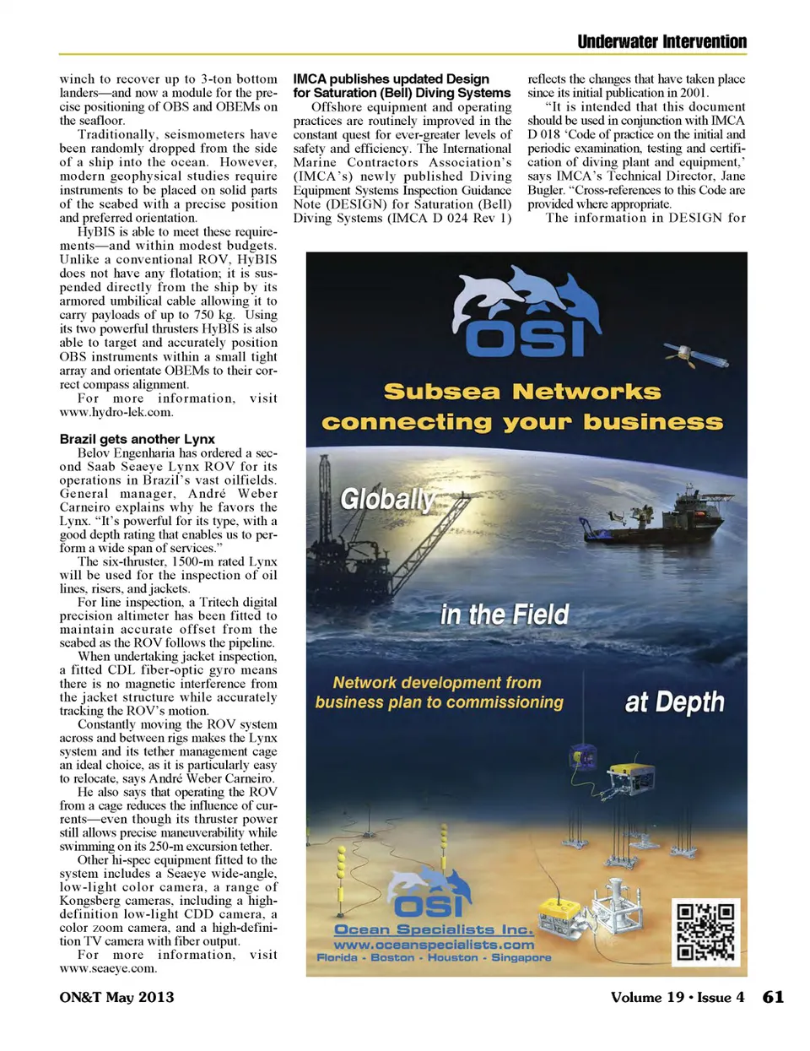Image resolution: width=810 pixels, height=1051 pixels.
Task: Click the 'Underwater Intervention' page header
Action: tap(661, 41)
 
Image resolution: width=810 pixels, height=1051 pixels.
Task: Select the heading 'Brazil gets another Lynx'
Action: tap(137, 439)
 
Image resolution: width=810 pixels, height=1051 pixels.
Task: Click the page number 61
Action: tap(773, 997)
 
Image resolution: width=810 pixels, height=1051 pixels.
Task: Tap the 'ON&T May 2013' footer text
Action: tap(116, 997)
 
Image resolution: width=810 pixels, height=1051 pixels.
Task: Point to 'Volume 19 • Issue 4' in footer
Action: tap(677, 997)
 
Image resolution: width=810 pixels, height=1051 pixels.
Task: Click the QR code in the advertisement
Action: tap(705, 932)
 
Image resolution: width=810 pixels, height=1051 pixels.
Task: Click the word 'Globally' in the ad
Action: tap(386, 499)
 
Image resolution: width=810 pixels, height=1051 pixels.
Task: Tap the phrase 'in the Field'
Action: tap(505, 615)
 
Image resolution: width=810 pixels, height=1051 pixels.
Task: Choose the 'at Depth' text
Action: tap(674, 702)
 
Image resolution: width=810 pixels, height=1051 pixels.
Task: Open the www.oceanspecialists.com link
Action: tap(434, 945)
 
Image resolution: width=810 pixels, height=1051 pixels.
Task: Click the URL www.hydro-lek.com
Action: tap(116, 412)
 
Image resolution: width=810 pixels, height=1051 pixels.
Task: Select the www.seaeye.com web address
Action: tap(107, 968)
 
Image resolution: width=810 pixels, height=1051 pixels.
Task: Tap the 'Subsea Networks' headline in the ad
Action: tap(522, 392)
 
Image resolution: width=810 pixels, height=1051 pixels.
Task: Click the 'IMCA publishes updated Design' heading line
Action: tap(391, 79)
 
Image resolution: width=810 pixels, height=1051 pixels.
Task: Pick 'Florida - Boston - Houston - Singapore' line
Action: tap(434, 957)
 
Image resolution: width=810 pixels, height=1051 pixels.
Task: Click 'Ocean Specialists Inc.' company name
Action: tap(434, 929)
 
